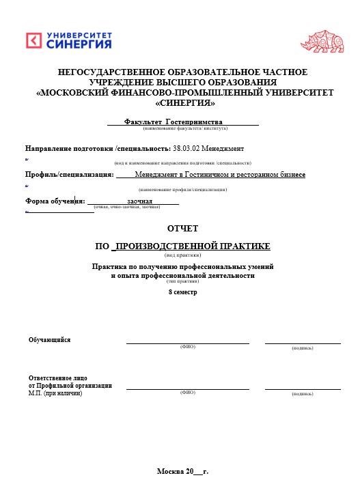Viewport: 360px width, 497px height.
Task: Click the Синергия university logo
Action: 68,40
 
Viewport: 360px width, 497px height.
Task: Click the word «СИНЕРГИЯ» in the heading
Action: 184,103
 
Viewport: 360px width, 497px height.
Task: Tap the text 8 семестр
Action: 182,292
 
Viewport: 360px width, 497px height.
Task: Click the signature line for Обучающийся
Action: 302,343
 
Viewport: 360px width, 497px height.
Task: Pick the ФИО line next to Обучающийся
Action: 187,343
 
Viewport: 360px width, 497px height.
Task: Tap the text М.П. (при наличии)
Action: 55,393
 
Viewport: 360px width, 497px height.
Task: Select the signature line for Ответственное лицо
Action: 302,388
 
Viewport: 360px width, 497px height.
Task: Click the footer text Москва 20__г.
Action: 182,472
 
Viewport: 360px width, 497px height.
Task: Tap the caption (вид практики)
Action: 182,255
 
